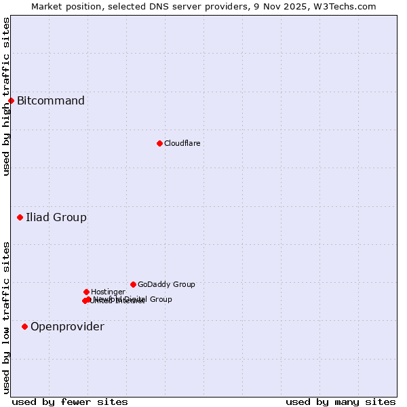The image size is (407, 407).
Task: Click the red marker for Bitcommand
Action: pos(11,101)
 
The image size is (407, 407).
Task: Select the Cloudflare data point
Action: pos(159,143)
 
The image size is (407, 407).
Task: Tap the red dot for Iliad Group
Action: pos(20,218)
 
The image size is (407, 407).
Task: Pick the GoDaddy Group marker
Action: pos(133,284)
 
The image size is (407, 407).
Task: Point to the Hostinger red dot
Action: pos(86,292)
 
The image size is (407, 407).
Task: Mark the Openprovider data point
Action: pos(25,327)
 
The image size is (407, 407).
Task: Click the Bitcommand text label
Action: pos(51,101)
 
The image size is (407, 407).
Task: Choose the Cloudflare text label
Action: pos(182,143)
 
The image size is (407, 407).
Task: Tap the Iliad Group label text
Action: pos(56,218)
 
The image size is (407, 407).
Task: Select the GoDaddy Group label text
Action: pos(166,284)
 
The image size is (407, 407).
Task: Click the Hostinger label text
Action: pos(108,292)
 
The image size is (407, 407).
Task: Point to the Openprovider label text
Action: pos(67,327)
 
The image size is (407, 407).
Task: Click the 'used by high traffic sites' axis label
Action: pos(6,96)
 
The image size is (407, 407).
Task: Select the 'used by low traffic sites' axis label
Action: pos(6,317)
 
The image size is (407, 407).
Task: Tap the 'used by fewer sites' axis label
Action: pos(70,402)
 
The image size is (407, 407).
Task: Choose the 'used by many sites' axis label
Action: pos(341,402)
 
